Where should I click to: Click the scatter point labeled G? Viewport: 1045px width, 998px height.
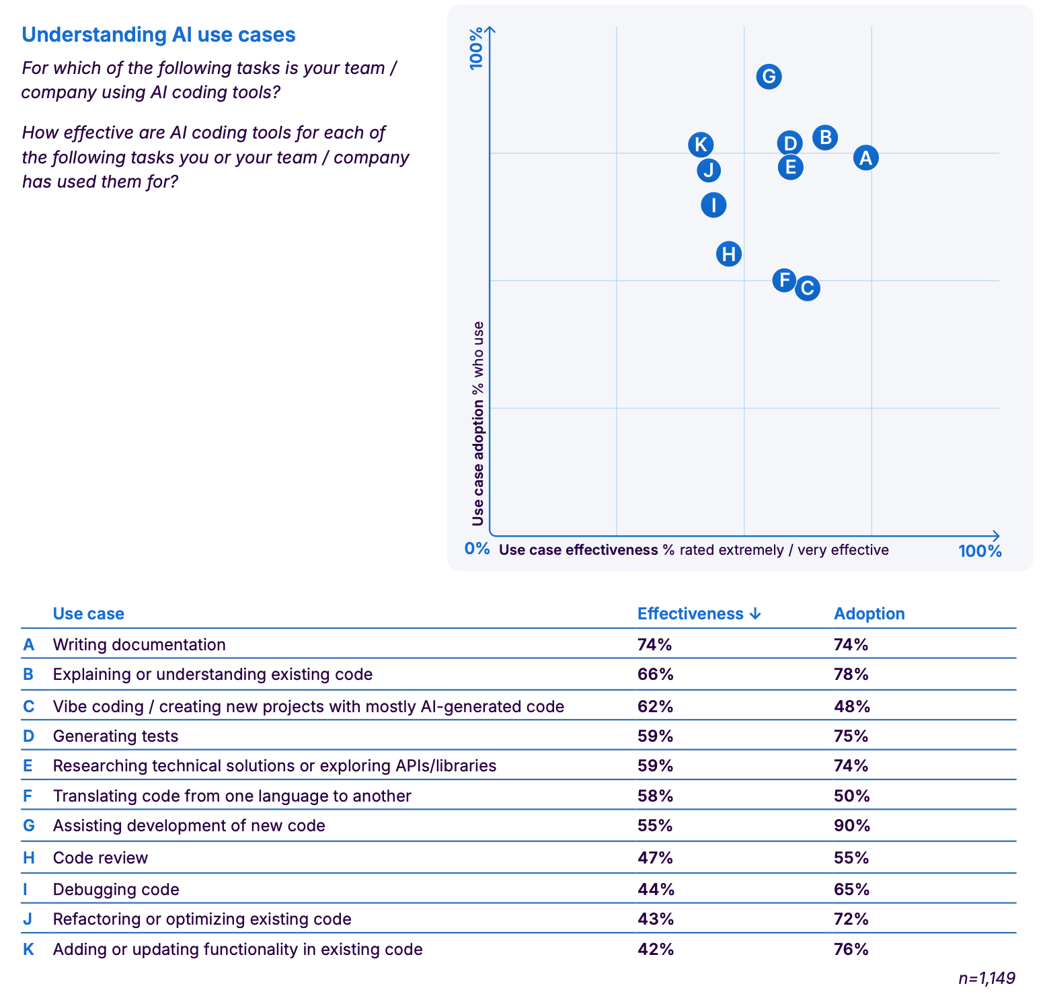(x=769, y=77)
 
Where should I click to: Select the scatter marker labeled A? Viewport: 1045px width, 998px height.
(x=865, y=158)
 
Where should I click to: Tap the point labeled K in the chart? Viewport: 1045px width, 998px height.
(x=701, y=145)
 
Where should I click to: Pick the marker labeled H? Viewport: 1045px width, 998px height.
(x=729, y=254)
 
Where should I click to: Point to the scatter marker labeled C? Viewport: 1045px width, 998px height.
(x=808, y=289)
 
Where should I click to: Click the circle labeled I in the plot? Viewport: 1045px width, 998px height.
(x=713, y=204)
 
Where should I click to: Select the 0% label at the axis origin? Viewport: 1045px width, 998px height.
(x=477, y=549)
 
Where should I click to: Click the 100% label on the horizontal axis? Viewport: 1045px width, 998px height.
(x=980, y=551)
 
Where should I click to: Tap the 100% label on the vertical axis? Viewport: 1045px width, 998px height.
(x=477, y=48)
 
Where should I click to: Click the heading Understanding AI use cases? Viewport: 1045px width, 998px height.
(x=159, y=35)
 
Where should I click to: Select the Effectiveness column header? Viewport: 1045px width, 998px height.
(x=699, y=614)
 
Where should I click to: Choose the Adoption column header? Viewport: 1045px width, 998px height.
(x=869, y=614)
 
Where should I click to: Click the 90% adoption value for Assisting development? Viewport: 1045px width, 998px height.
(x=851, y=826)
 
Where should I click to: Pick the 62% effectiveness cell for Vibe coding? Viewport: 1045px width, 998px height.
(x=655, y=707)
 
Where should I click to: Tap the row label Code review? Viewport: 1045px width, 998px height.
(x=100, y=858)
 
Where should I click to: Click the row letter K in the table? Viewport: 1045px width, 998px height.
(x=28, y=950)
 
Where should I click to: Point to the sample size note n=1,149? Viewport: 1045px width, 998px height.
(x=986, y=978)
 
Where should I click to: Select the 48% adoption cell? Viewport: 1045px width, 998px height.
(x=851, y=707)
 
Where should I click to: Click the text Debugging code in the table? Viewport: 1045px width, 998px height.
(x=116, y=890)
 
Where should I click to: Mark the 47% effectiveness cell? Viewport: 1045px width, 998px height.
(x=655, y=858)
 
